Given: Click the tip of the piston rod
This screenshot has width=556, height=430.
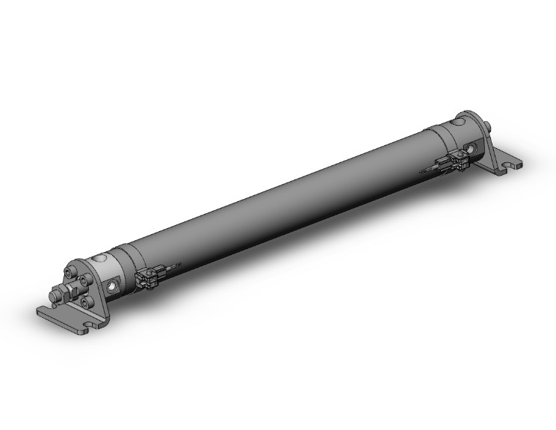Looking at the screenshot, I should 55,301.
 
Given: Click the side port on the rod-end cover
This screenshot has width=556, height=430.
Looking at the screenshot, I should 114,286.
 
